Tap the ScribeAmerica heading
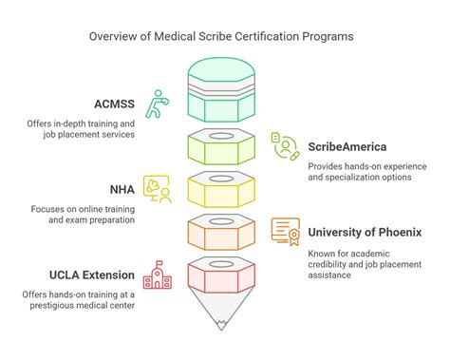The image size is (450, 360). [347, 147]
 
